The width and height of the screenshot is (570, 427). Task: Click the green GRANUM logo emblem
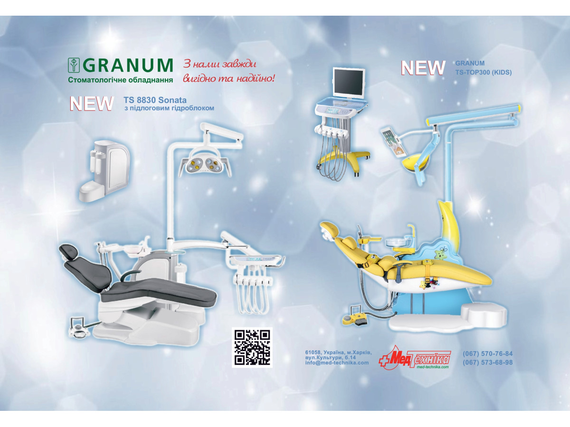pyautogui.click(x=74, y=65)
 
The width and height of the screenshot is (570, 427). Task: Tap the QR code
pyautogui.click(x=252, y=347)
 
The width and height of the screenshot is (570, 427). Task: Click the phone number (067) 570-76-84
pyautogui.click(x=488, y=353)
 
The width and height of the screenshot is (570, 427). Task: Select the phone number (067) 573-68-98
pyautogui.click(x=488, y=362)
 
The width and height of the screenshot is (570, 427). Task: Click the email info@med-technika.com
pyautogui.click(x=337, y=362)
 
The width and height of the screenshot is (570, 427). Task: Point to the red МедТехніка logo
pyautogui.click(x=415, y=358)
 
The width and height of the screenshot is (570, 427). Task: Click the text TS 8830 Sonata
pyautogui.click(x=155, y=100)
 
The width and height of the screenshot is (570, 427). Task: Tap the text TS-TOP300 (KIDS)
pyautogui.click(x=483, y=73)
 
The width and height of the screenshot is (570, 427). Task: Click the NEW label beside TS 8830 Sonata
pyautogui.click(x=91, y=103)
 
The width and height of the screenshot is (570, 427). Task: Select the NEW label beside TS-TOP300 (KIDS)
pyautogui.click(x=423, y=68)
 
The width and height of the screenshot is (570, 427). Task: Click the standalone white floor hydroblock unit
pyautogui.click(x=104, y=170)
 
